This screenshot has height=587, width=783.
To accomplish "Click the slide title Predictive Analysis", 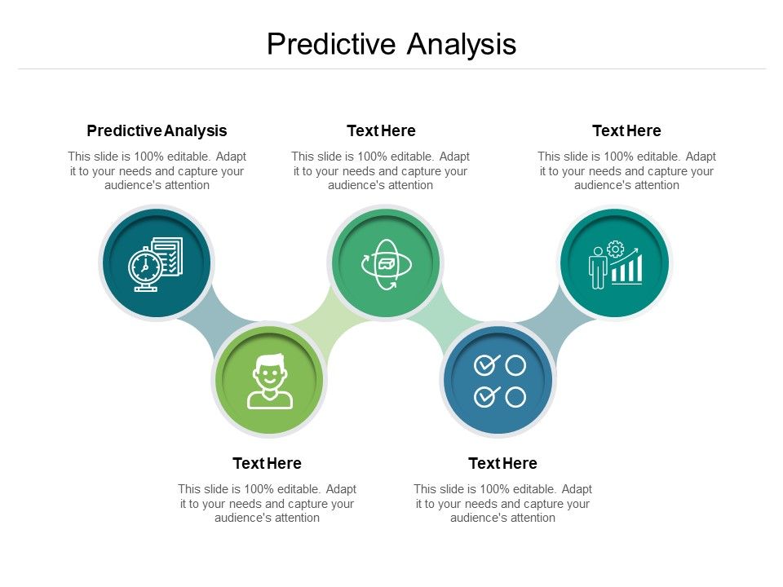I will coord(391,44).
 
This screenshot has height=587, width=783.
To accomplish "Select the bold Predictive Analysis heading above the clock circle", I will coord(157,130).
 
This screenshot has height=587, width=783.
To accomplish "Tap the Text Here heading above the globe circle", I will coord(381,130).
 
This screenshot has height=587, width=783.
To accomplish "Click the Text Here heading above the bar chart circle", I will coord(626,130).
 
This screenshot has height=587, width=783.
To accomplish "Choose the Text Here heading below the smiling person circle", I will coord(267,463).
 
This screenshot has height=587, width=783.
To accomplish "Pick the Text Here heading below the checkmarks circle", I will coord(502,463).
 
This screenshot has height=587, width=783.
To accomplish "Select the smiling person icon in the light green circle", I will coord(269,381).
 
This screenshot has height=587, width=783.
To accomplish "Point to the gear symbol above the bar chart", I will coord(616,249).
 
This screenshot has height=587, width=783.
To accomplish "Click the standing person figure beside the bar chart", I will coord(598,267).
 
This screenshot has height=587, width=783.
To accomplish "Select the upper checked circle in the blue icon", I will coord(486,364).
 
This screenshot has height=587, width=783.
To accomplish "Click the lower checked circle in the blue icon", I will coord(486,397).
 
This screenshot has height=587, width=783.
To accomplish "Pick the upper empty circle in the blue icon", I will coord(515,364).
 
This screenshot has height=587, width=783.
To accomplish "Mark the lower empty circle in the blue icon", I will coord(515,397).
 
